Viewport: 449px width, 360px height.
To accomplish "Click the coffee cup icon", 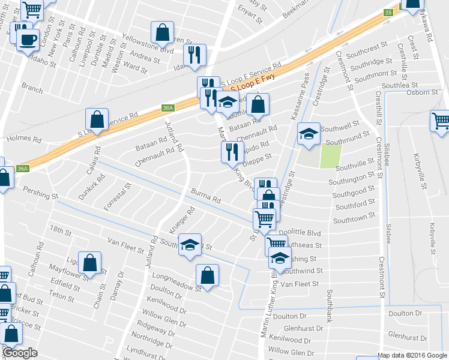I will pyautogui.click(x=27, y=40).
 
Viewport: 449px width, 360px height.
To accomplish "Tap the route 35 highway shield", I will pyautogui.click(x=388, y=13).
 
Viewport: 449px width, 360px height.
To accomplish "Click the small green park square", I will pyautogui.click(x=330, y=155).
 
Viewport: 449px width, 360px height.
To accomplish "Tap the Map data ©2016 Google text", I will pyautogui.click(x=412, y=355).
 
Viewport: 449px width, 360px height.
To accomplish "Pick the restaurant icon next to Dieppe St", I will pyautogui.click(x=231, y=152).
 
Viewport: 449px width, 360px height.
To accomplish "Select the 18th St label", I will pyautogui.click(x=60, y=230).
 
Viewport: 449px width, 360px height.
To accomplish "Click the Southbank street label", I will pyautogui.click(x=329, y=306).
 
